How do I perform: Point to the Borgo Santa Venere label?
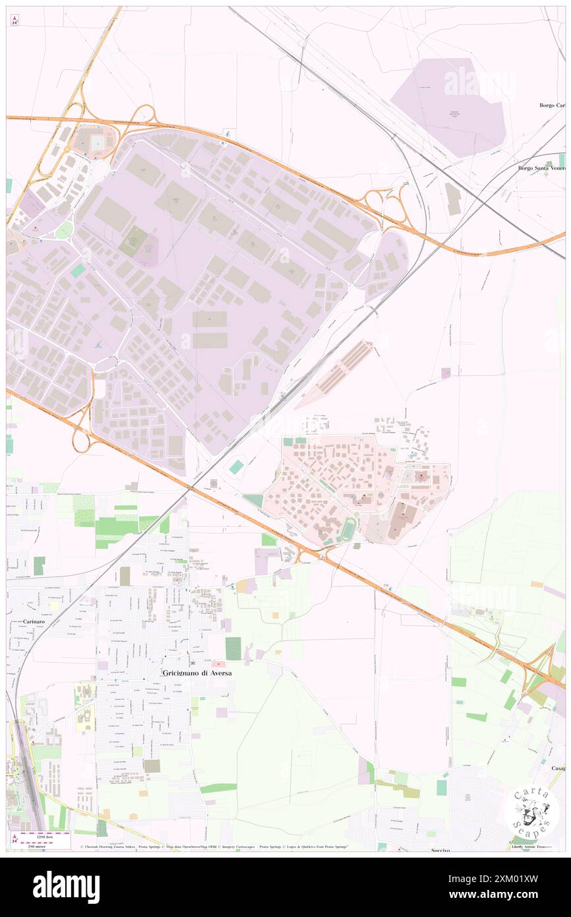click(x=542, y=168)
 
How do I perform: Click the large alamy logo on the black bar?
click(x=66, y=887)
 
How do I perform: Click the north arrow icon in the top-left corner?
click(x=15, y=20)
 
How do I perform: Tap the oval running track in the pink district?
click(x=348, y=528)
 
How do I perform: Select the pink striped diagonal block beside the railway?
click(x=336, y=373)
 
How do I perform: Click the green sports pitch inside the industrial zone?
click(x=134, y=241)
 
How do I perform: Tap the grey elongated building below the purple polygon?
click(x=453, y=198)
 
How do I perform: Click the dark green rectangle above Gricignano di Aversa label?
click(x=233, y=648)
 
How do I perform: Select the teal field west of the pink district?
click(x=236, y=467)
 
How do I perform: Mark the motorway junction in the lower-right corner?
click(x=537, y=666)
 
